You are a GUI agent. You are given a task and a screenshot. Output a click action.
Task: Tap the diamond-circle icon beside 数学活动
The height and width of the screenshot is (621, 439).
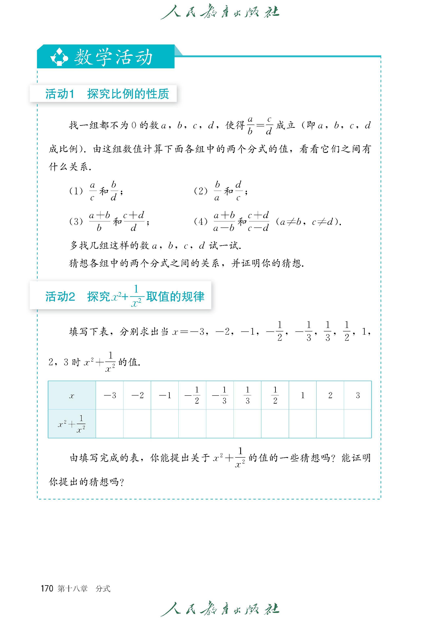tap(59, 57)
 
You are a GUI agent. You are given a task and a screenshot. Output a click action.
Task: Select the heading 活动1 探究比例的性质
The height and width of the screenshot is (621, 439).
tap(107, 94)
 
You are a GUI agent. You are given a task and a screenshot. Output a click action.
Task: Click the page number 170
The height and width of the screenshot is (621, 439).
tap(47, 588)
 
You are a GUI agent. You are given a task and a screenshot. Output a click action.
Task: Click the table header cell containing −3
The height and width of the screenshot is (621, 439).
tap(110, 395)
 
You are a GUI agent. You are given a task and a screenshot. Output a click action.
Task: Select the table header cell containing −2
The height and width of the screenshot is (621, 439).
tap(137, 395)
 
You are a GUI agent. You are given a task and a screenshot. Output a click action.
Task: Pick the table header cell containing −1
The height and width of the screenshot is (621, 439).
tap(165, 395)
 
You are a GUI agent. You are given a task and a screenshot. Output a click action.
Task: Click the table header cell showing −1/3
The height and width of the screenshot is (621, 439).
tap(220, 395)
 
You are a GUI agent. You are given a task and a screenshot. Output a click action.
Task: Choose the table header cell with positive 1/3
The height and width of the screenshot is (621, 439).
tap(247, 395)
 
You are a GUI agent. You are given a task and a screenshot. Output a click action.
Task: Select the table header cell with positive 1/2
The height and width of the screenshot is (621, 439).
tap(275, 395)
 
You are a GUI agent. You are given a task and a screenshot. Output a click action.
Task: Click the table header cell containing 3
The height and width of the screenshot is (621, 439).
tap(358, 395)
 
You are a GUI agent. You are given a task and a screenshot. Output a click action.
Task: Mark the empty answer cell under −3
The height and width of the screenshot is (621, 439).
tap(110, 424)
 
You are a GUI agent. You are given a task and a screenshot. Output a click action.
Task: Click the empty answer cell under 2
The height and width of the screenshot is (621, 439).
tap(330, 424)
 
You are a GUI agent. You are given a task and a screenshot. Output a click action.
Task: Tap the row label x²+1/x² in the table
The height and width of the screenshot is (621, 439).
tap(72, 424)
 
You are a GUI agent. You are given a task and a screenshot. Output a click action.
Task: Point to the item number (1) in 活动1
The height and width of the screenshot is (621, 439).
tap(76, 191)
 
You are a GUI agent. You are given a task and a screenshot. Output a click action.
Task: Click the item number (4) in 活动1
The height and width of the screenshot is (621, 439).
tap(201, 222)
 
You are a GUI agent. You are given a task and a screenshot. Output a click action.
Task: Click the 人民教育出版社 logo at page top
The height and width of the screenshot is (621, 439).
tap(219, 11)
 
